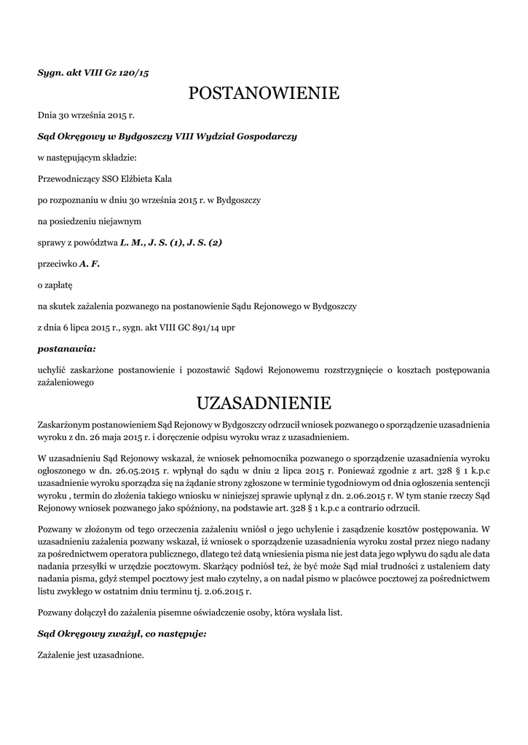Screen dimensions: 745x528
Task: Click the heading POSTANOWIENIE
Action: point(264,93)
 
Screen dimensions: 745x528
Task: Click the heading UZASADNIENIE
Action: point(264,402)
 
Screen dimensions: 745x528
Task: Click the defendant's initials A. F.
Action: point(89,263)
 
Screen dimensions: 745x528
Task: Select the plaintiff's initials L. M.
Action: point(132,242)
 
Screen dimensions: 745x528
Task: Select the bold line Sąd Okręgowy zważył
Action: point(122,634)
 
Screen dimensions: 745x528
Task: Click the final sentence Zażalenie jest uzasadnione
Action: point(90,655)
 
